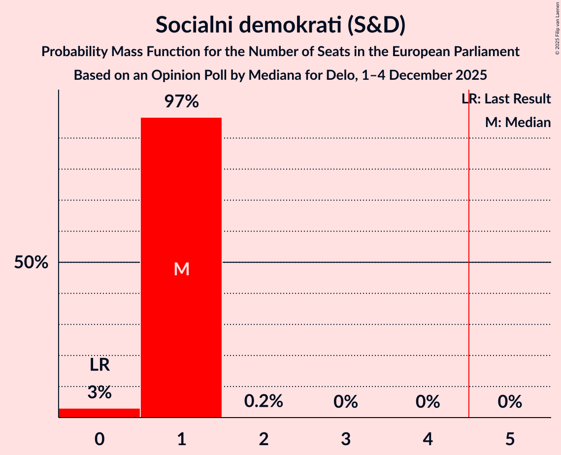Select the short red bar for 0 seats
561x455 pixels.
click(x=99, y=413)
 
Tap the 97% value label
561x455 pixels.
click(x=181, y=102)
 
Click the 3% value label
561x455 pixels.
click(x=99, y=392)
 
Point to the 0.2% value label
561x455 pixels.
click(x=264, y=401)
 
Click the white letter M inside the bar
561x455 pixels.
click(x=181, y=269)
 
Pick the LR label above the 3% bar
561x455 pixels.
click(x=99, y=365)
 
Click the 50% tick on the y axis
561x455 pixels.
click(x=31, y=262)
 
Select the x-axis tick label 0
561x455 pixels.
click(x=99, y=438)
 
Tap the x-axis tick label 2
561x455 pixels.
click(x=264, y=438)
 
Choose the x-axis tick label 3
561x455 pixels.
click(x=345, y=438)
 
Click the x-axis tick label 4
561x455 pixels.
click(x=428, y=438)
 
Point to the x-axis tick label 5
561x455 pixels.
click(x=510, y=438)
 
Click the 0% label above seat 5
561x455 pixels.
click(x=510, y=402)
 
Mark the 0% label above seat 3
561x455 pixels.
click(x=345, y=402)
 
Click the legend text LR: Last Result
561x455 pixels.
click(x=506, y=99)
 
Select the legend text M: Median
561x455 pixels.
click(x=518, y=122)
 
